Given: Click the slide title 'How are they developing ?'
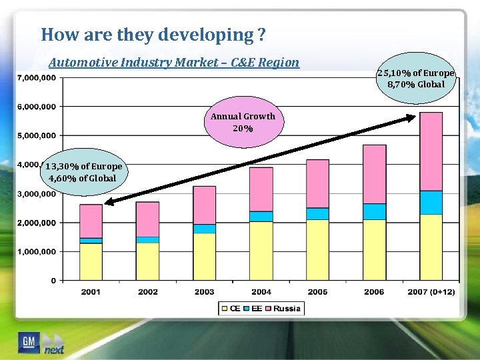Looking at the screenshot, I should [153, 34].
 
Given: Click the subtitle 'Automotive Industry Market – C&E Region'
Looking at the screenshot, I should [174, 63].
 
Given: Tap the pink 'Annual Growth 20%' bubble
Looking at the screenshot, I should [243, 122].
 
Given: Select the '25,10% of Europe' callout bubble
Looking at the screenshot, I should [415, 79].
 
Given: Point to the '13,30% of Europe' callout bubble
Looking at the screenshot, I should [84, 172].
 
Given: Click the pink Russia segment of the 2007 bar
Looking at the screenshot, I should [431, 151].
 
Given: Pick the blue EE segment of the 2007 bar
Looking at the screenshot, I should [431, 202].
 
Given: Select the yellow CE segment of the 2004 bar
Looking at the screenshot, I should [261, 250].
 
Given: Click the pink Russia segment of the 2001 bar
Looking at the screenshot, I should [91, 221].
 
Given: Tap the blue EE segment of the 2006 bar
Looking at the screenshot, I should [375, 211].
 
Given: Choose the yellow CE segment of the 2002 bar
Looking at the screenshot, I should [147, 261].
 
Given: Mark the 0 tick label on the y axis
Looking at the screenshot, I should [53, 281].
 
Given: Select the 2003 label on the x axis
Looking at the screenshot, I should [204, 292].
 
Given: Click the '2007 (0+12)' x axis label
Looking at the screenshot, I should [431, 292].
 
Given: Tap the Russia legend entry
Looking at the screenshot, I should [283, 309].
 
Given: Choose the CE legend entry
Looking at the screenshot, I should [231, 309].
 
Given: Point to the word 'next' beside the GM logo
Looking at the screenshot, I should [54, 349].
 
